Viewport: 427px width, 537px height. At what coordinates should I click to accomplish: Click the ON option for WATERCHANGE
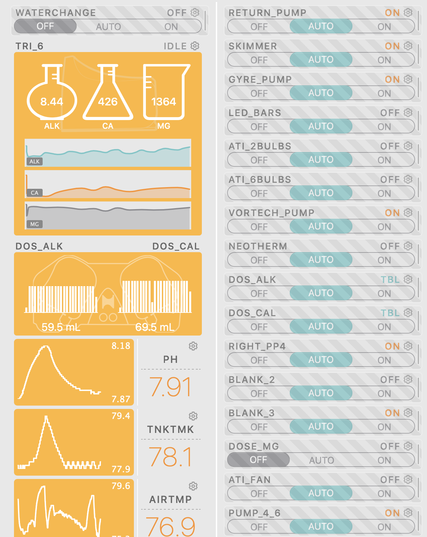pyautogui.click(x=171, y=27)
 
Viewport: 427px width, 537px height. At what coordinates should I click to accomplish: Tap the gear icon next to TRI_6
pyautogui.click(x=195, y=46)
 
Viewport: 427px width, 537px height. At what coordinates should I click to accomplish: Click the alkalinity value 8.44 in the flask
pyautogui.click(x=52, y=101)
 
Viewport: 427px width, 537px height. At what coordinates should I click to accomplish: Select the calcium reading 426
pyautogui.click(x=108, y=101)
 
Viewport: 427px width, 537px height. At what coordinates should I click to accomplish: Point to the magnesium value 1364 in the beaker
pyautogui.click(x=164, y=101)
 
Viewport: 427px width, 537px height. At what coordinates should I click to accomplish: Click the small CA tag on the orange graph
pyautogui.click(x=35, y=193)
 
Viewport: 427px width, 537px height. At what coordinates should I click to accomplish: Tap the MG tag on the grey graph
pyautogui.click(x=35, y=224)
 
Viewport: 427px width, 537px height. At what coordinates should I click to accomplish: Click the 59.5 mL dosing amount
pyautogui.click(x=61, y=327)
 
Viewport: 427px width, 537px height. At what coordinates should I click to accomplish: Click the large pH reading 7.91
pyautogui.click(x=171, y=387)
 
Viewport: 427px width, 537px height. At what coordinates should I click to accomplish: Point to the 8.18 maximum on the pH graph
pyautogui.click(x=121, y=346)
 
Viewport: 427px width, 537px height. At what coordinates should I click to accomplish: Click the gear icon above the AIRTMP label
pyautogui.click(x=193, y=486)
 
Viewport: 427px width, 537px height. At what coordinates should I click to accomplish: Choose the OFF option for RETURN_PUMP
pyautogui.click(x=259, y=27)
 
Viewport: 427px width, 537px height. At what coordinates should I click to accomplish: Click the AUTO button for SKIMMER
pyautogui.click(x=321, y=60)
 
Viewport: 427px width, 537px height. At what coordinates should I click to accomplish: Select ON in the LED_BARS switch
pyautogui.click(x=384, y=127)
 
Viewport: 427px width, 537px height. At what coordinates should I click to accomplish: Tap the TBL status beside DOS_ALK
pyautogui.click(x=390, y=280)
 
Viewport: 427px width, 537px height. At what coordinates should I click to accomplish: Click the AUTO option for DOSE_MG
pyautogui.click(x=321, y=460)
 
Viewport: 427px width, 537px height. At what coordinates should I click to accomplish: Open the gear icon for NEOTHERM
pyautogui.click(x=408, y=246)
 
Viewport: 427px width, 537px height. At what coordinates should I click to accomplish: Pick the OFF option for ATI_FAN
pyautogui.click(x=259, y=494)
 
